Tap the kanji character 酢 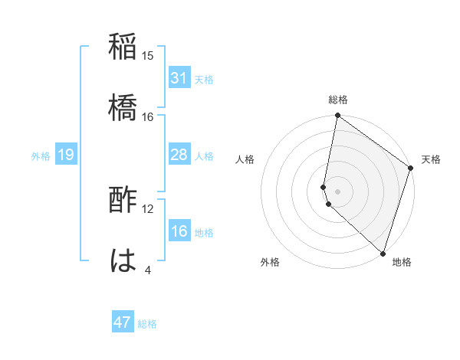point(123,201)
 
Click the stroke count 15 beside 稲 point(148,56)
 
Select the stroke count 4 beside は point(148,270)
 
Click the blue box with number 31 point(179,79)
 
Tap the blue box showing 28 point(179,155)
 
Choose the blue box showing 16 point(179,232)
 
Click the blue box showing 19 point(65,155)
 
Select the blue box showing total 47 point(123,322)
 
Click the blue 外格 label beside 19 point(41,156)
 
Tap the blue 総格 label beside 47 point(147,324)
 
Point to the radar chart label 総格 point(338,100)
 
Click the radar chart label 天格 point(431,159)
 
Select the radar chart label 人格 point(245,159)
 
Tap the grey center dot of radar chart point(338,191)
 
